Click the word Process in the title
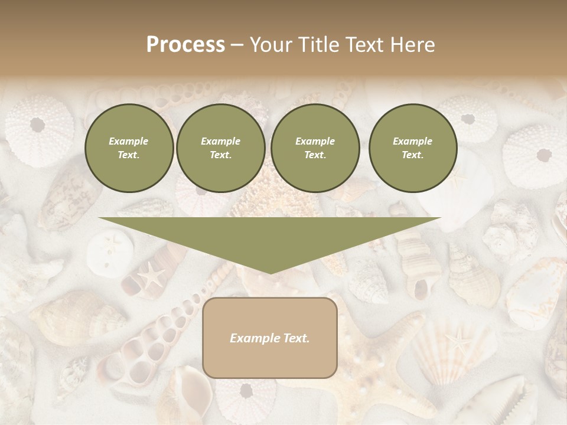click(x=185, y=45)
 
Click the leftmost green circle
click(x=129, y=148)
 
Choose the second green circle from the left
click(x=221, y=148)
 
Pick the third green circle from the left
click(x=315, y=148)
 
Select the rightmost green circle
click(x=413, y=148)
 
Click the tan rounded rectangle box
click(x=270, y=338)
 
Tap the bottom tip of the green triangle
click(x=270, y=273)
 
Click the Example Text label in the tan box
click(x=270, y=338)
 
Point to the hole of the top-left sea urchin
click(x=37, y=125)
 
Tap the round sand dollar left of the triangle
click(x=106, y=250)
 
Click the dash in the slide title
click(x=237, y=45)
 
